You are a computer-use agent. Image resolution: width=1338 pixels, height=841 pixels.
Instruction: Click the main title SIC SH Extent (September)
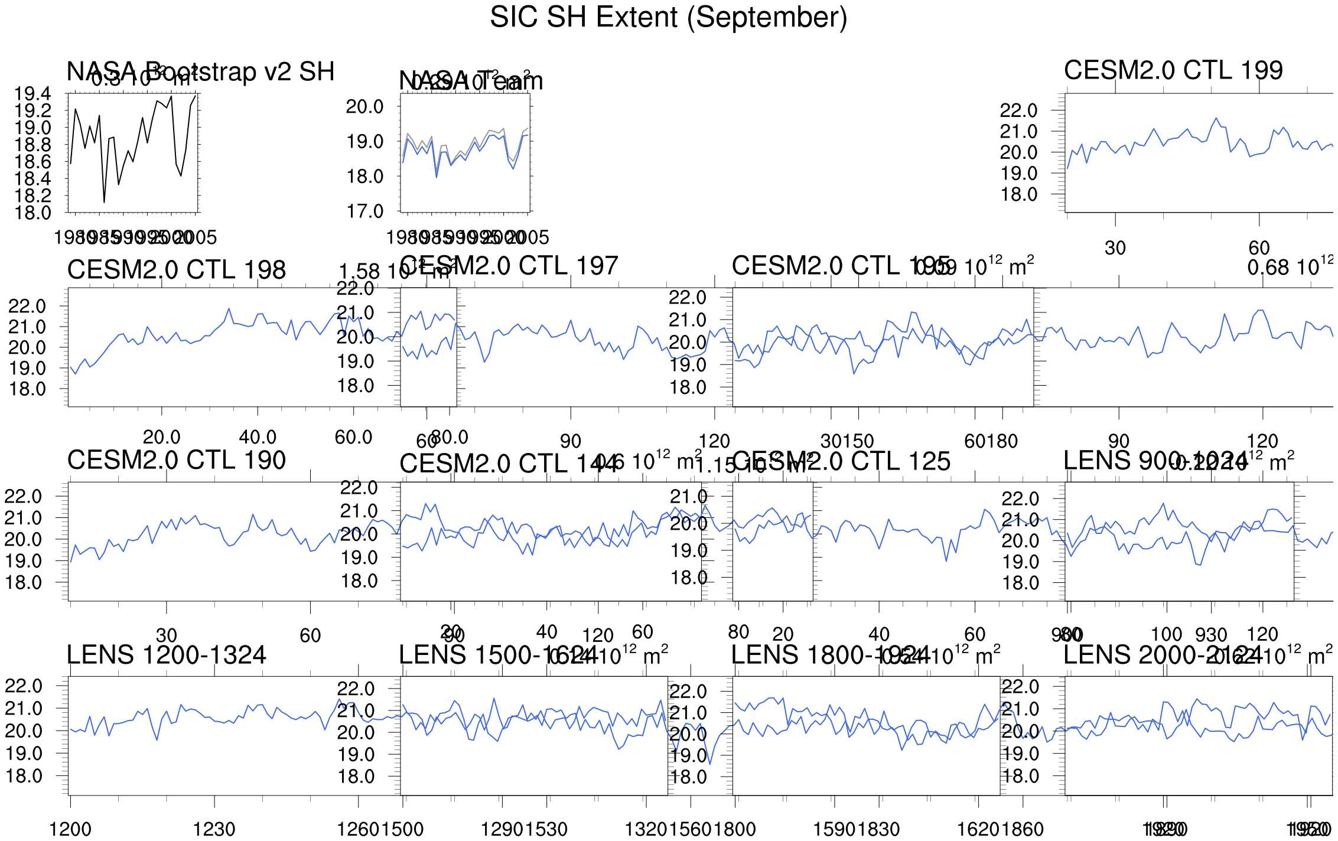(x=668, y=18)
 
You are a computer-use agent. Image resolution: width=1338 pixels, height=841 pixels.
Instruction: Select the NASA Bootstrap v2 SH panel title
(x=200, y=72)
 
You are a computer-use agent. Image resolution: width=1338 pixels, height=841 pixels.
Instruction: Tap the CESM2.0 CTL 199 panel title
(x=1173, y=71)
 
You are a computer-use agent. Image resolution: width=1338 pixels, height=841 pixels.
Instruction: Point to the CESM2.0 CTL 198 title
(x=177, y=270)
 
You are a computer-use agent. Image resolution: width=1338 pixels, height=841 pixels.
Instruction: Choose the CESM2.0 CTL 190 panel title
(x=177, y=461)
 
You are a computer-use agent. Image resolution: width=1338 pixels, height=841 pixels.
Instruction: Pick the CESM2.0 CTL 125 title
(x=841, y=462)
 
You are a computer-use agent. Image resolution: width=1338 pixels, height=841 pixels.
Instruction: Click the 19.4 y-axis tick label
(x=32, y=94)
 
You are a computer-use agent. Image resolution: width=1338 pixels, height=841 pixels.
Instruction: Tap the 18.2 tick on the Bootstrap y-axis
(x=32, y=196)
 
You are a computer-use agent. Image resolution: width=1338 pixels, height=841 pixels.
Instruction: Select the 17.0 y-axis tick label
(x=364, y=211)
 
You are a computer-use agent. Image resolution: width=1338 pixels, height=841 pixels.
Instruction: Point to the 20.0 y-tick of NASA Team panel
(x=364, y=107)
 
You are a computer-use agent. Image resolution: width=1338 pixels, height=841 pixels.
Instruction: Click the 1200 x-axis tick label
(x=70, y=830)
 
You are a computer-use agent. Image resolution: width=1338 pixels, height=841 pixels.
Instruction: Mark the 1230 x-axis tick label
(x=214, y=830)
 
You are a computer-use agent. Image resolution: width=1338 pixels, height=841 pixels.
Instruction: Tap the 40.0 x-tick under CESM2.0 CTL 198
(x=258, y=438)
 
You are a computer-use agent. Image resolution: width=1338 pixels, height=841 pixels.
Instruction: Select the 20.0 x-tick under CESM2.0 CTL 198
(x=162, y=438)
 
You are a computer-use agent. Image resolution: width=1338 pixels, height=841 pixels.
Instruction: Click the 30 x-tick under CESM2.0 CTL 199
(x=1115, y=249)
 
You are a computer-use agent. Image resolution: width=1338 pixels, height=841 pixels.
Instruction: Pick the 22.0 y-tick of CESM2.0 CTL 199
(x=1018, y=110)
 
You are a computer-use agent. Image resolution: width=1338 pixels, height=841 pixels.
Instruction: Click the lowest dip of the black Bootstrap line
(x=104, y=202)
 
